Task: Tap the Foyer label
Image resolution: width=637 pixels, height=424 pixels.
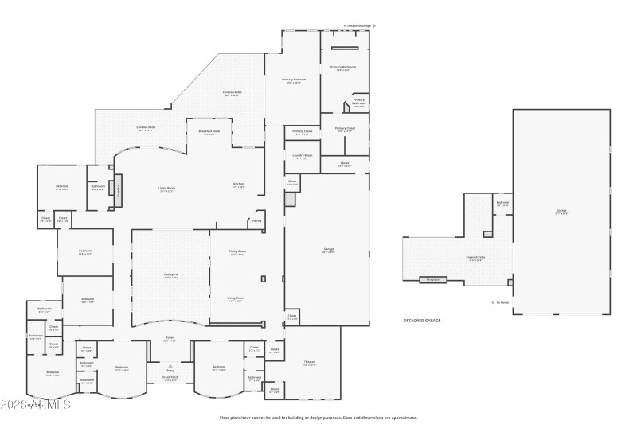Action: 170,338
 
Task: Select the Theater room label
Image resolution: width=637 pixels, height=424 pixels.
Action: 309,363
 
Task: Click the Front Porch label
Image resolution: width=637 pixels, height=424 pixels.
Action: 170,378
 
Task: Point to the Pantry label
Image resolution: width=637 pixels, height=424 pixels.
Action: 256,220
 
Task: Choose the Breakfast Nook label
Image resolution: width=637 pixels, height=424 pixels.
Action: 209,132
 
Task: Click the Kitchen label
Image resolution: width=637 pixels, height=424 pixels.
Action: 238,185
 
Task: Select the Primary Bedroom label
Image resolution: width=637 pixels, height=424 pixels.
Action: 294,80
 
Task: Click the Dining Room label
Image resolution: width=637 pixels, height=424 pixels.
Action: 236,252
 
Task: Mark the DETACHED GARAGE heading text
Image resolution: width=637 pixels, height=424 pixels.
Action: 422,320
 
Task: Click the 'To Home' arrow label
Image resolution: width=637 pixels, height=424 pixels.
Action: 501,302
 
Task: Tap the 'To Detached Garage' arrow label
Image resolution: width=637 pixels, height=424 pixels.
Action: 358,25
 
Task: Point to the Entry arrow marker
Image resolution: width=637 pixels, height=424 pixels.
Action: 170,367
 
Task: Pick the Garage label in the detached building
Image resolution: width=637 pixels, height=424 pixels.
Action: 561,211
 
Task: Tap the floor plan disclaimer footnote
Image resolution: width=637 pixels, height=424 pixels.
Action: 318,417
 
